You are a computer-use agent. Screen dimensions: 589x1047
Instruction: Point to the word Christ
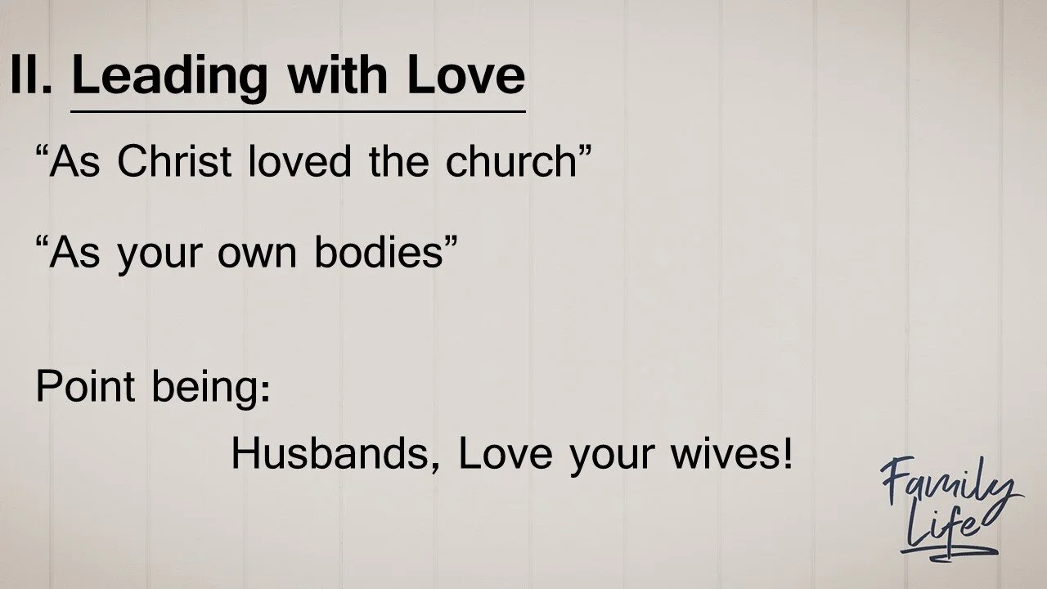coord(174,161)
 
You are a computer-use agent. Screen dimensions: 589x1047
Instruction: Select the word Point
coord(84,386)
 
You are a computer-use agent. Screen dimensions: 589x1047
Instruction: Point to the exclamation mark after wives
coord(788,454)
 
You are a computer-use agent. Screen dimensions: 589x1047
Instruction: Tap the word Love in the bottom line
coord(506,454)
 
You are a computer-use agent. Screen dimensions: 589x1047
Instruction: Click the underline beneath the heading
coord(298,110)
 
